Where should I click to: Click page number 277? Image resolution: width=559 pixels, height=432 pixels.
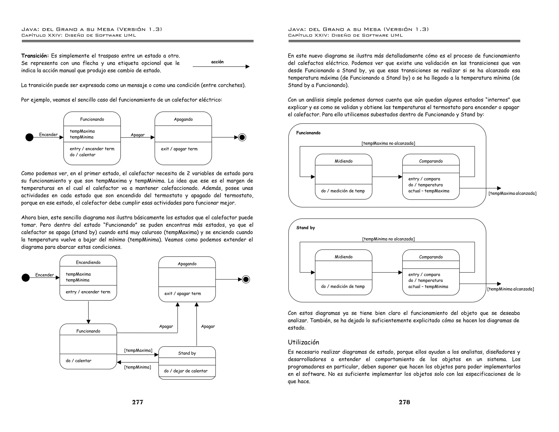(x=138, y=402)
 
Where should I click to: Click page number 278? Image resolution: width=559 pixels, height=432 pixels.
(x=404, y=402)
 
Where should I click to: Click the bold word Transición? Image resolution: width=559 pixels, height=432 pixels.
(x=35, y=56)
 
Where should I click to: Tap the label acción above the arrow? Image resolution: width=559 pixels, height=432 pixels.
(x=217, y=62)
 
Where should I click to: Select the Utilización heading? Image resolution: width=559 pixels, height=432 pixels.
(x=303, y=342)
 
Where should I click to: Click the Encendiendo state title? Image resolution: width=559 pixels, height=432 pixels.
(x=88, y=262)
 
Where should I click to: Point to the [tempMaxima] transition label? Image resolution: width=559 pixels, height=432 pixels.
(x=138, y=350)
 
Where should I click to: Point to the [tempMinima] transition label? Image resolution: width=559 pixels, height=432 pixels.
(x=138, y=367)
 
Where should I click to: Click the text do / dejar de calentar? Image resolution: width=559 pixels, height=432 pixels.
(x=186, y=371)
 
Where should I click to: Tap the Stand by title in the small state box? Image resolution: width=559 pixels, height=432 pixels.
(x=187, y=353)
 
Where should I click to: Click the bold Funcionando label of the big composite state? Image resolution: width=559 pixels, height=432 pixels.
(x=308, y=133)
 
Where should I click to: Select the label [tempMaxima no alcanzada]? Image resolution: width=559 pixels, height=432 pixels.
(x=388, y=143)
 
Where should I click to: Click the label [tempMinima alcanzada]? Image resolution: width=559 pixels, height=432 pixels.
(x=510, y=289)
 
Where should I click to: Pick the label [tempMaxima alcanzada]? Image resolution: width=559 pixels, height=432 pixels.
(x=512, y=193)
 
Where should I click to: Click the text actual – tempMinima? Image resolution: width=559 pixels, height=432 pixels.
(x=428, y=286)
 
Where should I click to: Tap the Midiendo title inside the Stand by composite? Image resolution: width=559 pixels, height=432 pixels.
(x=343, y=257)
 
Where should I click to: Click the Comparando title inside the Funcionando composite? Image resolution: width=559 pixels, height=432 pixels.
(x=431, y=161)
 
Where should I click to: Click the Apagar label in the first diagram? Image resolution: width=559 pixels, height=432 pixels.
(x=138, y=135)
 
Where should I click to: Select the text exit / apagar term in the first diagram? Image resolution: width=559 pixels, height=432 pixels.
(x=179, y=149)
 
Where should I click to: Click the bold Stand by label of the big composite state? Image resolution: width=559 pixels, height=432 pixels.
(x=305, y=228)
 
